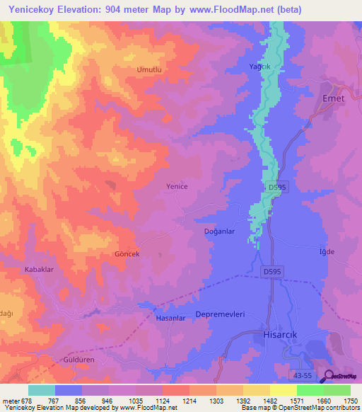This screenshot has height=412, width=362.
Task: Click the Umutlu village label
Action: point(149,70)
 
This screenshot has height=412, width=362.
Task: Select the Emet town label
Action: point(333,98)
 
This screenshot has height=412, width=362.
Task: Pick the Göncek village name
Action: point(127,253)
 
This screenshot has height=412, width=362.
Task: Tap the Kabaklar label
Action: point(40,270)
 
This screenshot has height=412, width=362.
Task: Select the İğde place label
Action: point(326,252)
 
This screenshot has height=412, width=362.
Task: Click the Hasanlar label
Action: point(170,319)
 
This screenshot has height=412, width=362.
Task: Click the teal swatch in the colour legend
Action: point(42,390)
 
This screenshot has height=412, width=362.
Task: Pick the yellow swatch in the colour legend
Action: point(283,390)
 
